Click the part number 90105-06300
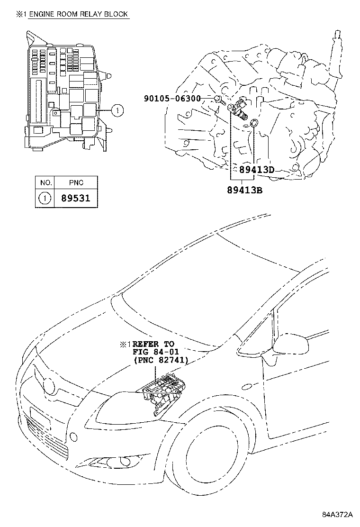click(x=172, y=99)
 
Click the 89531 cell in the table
click(x=75, y=198)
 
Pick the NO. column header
click(x=45, y=182)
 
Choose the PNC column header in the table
click(x=75, y=182)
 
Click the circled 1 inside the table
click(x=45, y=198)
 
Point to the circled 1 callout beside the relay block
click(x=117, y=111)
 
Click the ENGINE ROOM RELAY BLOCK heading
click(x=79, y=14)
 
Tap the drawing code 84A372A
click(x=338, y=515)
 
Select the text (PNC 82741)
click(x=161, y=360)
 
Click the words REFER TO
click(x=154, y=344)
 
